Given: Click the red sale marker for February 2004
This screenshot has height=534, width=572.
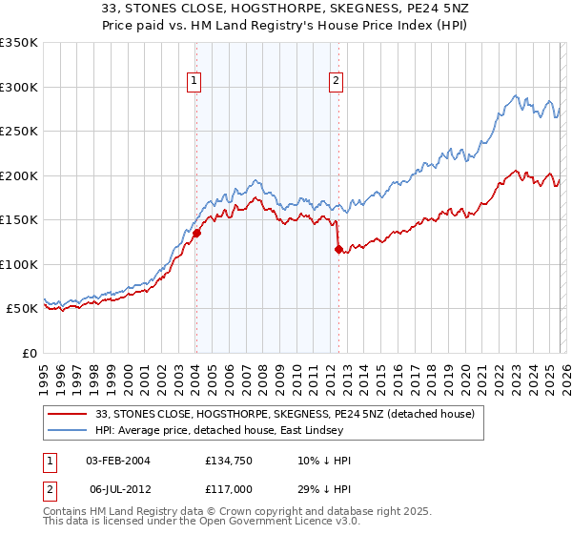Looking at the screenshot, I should coord(196,233).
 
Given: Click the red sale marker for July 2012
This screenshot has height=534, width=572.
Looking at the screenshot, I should coord(338,249).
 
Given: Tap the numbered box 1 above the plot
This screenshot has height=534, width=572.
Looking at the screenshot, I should coord(194,82).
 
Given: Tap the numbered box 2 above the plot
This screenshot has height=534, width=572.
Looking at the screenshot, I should coord(337,82).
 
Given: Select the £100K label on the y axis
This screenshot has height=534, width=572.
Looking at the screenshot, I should coord(19,264).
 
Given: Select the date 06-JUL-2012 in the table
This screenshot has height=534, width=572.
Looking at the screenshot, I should coord(118,488).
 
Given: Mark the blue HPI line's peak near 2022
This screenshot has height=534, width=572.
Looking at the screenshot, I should coord(516,95).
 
